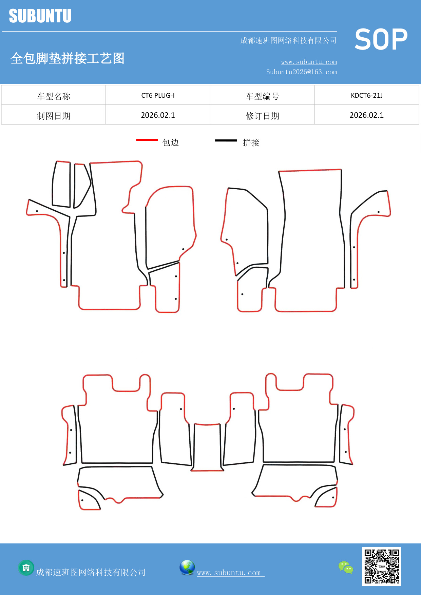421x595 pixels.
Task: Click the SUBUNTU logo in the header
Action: (x=40, y=16)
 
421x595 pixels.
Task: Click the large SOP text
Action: (x=381, y=39)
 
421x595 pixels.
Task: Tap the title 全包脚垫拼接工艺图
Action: (x=68, y=58)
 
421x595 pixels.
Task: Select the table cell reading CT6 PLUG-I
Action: (x=158, y=95)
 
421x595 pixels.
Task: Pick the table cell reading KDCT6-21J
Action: (x=367, y=95)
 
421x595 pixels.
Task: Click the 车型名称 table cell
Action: (x=54, y=96)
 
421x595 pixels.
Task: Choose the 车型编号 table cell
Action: (x=262, y=96)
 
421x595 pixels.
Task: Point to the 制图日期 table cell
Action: (x=54, y=116)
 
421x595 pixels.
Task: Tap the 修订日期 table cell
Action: (x=262, y=116)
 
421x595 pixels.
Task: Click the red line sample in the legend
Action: (x=147, y=140)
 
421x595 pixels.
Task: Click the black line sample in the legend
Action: (x=226, y=140)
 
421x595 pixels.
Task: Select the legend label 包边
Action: (x=170, y=142)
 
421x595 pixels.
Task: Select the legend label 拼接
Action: (x=251, y=142)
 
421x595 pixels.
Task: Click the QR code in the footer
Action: (x=382, y=567)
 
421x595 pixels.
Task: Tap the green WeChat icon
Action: (x=346, y=568)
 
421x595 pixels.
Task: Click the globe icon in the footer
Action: (x=187, y=568)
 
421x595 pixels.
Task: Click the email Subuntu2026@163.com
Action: (x=301, y=72)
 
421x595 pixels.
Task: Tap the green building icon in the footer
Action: (x=26, y=568)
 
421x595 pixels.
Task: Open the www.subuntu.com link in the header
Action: (x=309, y=62)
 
